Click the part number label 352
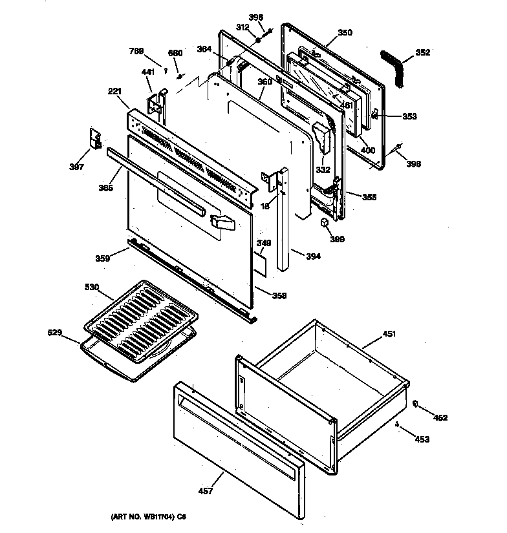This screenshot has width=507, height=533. (422, 52)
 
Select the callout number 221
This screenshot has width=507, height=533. (114, 91)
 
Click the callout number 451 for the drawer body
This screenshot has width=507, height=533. (389, 334)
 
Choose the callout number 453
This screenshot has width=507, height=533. (422, 439)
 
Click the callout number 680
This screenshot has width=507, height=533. (175, 52)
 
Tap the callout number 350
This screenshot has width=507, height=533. (345, 32)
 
